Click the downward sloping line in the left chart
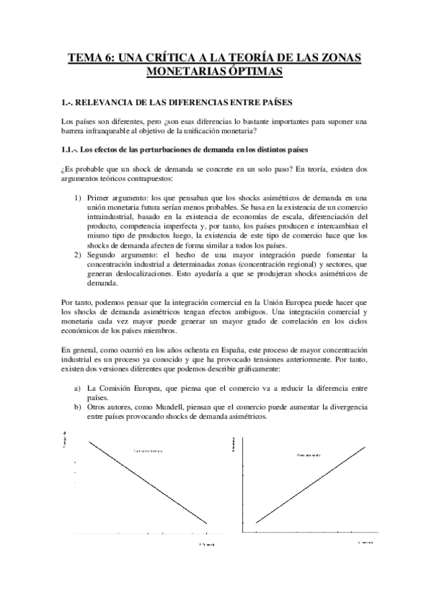148,483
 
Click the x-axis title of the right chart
366,542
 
